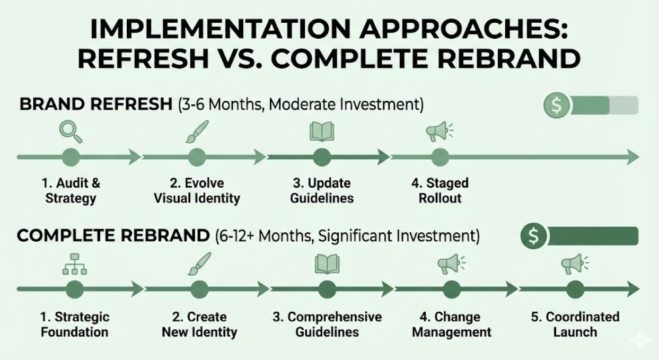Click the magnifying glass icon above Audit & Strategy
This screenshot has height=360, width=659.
(71, 131)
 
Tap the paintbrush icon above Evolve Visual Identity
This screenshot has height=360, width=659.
(197, 131)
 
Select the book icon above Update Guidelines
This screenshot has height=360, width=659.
(322, 131)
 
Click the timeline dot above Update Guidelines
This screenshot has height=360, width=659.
(322, 157)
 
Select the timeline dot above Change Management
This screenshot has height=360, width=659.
(452, 289)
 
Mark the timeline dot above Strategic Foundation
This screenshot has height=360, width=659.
(74, 289)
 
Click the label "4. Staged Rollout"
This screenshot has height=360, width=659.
(440, 191)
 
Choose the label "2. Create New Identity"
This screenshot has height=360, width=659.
(199, 324)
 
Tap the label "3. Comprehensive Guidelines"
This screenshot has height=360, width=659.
(327, 324)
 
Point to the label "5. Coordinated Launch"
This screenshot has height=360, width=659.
(575, 324)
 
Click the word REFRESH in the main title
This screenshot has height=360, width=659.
(144, 58)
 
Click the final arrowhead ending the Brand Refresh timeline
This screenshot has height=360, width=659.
(632, 157)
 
